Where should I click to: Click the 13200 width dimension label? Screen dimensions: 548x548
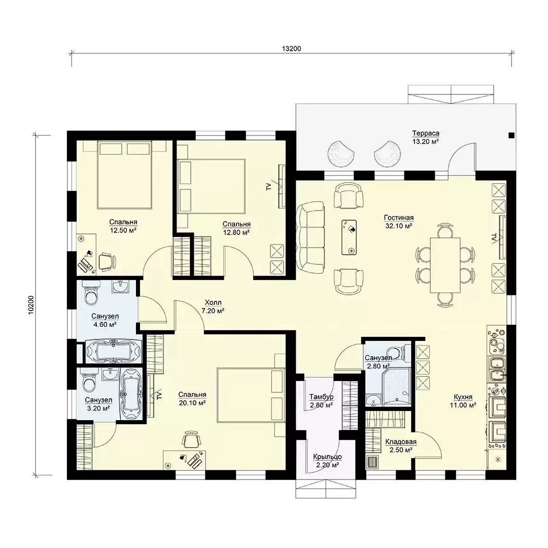tap(291, 49)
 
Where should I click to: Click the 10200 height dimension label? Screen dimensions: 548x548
tap(31, 305)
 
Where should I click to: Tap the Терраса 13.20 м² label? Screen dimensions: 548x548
tap(425, 138)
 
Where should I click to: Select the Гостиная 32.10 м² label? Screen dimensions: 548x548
tap(398, 222)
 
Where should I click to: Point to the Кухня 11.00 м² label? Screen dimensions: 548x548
tap(463, 401)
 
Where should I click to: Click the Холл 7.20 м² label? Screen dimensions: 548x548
tap(213, 306)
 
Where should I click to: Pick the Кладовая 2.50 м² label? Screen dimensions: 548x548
tap(401, 446)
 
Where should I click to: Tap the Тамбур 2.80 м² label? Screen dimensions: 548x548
tap(321, 401)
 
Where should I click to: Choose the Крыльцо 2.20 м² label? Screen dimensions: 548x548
tap(327, 461)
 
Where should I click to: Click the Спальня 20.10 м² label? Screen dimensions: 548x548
tap(192, 399)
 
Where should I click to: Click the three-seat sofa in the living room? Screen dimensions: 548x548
tap(311, 237)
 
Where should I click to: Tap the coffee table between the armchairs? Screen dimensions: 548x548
tap(349, 237)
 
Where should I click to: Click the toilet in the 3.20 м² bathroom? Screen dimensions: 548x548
tap(89, 382)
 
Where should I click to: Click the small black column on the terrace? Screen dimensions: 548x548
tap(511, 135)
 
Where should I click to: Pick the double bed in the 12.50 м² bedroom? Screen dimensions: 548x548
tap(124, 175)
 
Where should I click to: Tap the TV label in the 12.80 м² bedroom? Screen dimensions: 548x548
tap(268, 187)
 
